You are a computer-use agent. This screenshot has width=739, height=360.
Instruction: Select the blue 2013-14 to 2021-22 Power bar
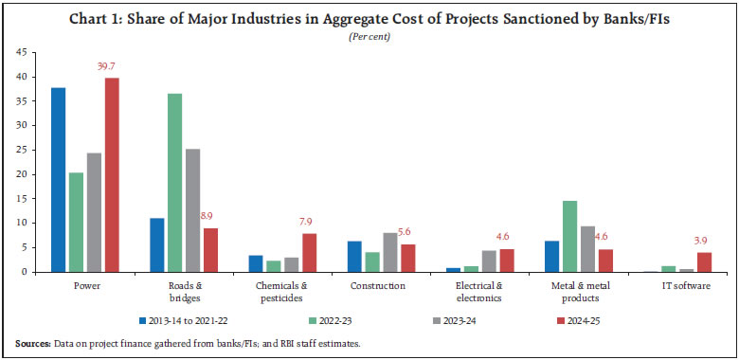58,180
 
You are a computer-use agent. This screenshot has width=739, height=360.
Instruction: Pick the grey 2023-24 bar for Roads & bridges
193,210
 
